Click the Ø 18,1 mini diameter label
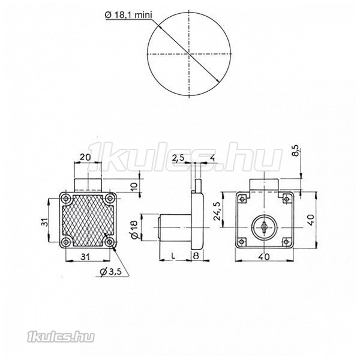click(x=128, y=15)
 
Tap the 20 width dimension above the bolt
click(x=85, y=157)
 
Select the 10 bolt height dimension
click(x=134, y=186)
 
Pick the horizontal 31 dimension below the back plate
click(x=85, y=257)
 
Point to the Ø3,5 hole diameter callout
click(x=110, y=272)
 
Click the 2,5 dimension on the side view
click(x=178, y=158)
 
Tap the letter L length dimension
click(x=173, y=256)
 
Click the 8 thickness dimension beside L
click(x=196, y=256)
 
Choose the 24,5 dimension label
click(x=217, y=211)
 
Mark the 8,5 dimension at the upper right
click(x=296, y=151)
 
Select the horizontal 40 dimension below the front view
click(x=264, y=257)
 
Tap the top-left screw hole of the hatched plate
click(x=67, y=198)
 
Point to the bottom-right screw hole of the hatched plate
click(x=110, y=242)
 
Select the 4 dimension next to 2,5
click(x=212, y=158)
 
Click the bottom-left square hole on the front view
click(x=242, y=241)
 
